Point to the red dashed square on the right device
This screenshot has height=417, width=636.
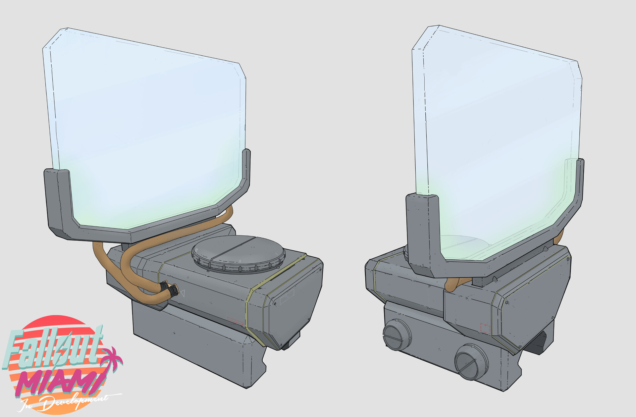(485, 328)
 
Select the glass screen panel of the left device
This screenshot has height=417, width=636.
(146, 126)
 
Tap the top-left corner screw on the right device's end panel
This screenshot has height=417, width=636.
(506, 302)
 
